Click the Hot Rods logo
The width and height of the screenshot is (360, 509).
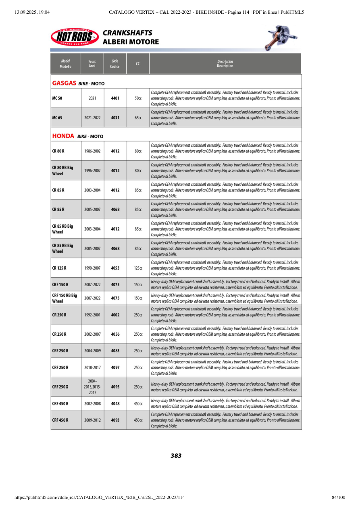click(75, 37)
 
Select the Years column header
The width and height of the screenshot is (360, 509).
click(92, 64)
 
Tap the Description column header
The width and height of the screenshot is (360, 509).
click(225, 64)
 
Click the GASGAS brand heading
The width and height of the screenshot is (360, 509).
click(64, 83)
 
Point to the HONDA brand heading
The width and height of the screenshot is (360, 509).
click(64, 136)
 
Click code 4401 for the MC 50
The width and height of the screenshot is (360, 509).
click(115, 98)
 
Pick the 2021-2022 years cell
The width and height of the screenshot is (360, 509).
click(92, 118)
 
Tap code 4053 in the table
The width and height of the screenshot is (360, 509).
click(115, 268)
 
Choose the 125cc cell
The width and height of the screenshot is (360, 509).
click(138, 268)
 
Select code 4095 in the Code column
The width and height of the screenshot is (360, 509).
click(115, 386)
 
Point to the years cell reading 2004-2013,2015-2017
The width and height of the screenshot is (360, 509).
click(92, 386)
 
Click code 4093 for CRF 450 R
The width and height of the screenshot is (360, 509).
click(115, 420)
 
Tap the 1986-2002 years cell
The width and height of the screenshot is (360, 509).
click(92, 151)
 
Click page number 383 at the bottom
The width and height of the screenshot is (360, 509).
click(176, 456)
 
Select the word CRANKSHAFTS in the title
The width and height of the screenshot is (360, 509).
click(127, 33)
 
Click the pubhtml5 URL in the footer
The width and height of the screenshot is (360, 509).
click(100, 497)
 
